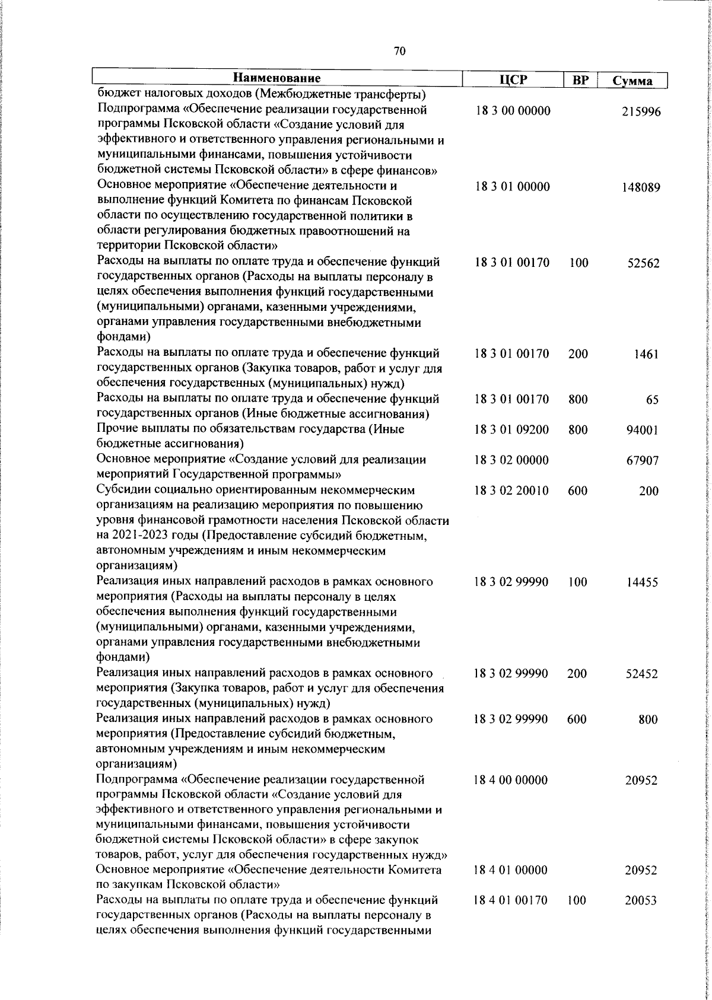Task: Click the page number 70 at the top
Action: click(x=399, y=52)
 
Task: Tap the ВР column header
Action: click(x=580, y=80)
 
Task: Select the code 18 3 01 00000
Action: click(x=512, y=187)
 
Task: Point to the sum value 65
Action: click(x=652, y=400)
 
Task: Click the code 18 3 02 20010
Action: click(x=511, y=491)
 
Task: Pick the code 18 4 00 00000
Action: click(x=511, y=780)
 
